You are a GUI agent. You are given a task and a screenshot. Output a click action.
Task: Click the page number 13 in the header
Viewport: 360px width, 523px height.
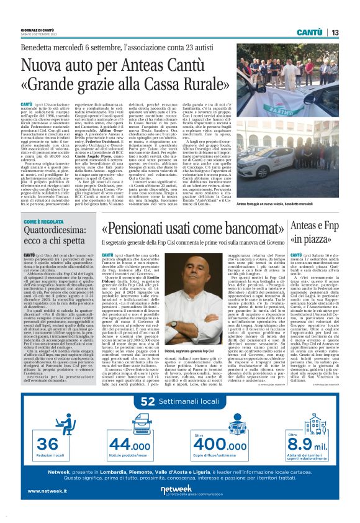(335, 32)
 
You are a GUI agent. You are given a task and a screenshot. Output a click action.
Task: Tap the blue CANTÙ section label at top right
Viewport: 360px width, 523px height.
(308, 32)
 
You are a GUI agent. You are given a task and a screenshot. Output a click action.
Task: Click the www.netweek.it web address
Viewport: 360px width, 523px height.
(48, 508)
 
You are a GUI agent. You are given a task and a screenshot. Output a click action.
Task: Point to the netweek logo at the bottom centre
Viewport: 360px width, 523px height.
(180, 506)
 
